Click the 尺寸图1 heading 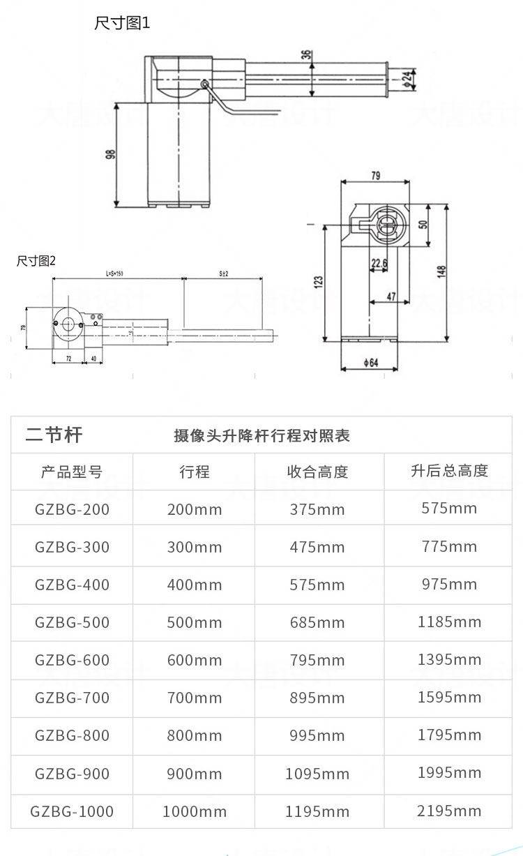click(122, 23)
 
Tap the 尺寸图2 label click(36, 261)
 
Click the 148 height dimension click(441, 272)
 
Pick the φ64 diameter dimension click(370, 362)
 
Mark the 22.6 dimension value click(379, 263)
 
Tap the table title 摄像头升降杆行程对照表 click(261, 436)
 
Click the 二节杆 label click(54, 435)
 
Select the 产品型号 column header click(72, 472)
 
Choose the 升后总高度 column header click(449, 471)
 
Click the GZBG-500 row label click(72, 622)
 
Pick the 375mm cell click(317, 509)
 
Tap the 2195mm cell click(449, 811)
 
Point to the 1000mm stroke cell click(195, 811)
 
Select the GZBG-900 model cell click(72, 774)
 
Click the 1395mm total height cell click(449, 659)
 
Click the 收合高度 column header click(317, 472)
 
